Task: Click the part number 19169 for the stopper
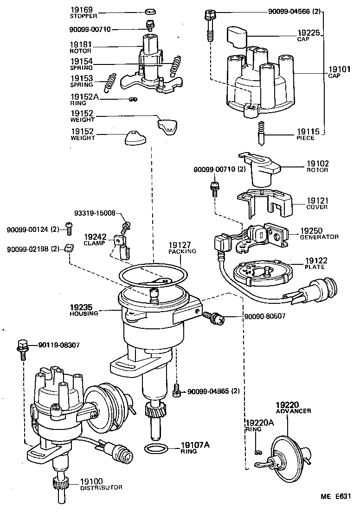coord(81,9)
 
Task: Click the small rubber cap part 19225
coord(236,37)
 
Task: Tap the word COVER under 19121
coord(317,207)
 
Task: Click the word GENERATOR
coord(319,237)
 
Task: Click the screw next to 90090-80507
coord(214,318)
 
